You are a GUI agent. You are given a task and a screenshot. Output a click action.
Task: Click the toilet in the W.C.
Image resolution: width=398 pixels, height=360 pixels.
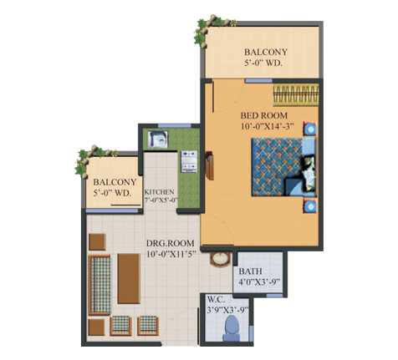click(232, 328)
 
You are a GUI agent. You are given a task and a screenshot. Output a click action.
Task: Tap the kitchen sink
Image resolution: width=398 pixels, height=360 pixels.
click(158, 139)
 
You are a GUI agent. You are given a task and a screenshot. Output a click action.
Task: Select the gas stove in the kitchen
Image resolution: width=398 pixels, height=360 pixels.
click(189, 161)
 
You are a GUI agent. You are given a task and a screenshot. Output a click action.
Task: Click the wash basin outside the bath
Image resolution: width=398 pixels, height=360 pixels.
click(221, 260)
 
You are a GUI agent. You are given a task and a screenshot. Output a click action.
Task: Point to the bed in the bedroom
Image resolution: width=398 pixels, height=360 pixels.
click(283, 167)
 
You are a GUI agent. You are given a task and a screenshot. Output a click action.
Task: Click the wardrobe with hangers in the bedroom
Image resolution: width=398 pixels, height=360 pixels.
click(296, 95)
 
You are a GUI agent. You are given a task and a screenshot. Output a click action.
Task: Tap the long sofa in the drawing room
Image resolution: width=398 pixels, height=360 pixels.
click(99, 285)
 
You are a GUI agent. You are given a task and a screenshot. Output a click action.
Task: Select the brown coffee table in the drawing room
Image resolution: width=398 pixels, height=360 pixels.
click(129, 278)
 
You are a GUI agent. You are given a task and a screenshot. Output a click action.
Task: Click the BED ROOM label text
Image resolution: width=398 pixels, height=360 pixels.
click(263, 115)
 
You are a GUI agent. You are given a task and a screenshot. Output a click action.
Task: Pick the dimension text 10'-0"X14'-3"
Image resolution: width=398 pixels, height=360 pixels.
click(268, 126)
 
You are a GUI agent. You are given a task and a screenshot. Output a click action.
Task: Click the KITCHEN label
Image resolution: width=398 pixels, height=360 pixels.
click(159, 192)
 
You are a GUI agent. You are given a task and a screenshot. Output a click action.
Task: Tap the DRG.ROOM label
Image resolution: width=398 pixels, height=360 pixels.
click(171, 243)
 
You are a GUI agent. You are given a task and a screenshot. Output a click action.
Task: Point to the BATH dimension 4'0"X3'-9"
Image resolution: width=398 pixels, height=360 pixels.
click(259, 281)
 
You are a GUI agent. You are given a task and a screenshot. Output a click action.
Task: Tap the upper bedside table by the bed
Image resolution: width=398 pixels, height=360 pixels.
click(309, 129)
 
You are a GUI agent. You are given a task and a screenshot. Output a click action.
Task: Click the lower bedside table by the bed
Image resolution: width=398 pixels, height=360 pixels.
click(309, 206)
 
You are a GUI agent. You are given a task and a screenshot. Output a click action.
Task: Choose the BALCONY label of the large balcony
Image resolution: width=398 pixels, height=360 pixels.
click(266, 52)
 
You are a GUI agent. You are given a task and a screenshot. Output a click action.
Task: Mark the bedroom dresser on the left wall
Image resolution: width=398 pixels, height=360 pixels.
click(209, 165)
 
